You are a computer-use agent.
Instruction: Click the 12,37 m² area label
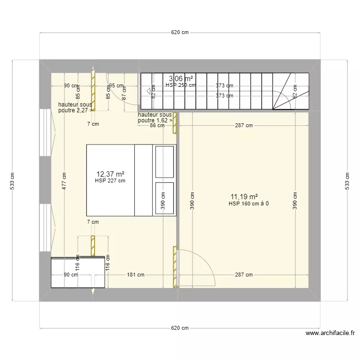pyautogui.click(x=110, y=174)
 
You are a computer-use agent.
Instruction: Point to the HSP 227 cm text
pyautogui.click(x=110, y=181)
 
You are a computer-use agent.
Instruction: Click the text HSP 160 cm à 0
pyautogui.click(x=249, y=204)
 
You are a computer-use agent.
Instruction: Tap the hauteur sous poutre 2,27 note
pyautogui.click(x=75, y=108)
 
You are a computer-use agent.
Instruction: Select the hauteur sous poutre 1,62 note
pyautogui.click(x=155, y=118)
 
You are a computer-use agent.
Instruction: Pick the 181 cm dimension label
pyautogui.click(x=136, y=275)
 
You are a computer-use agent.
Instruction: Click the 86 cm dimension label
pyautogui.click(x=157, y=126)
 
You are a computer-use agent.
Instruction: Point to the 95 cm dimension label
pyautogui.click(x=116, y=86)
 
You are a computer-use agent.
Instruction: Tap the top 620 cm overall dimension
pyautogui.click(x=179, y=33)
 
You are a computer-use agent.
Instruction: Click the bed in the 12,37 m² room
pyautogui.click(x=120, y=180)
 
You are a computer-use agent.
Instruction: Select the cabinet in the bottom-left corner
pyautogui.click(x=78, y=272)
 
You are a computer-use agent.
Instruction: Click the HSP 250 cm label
pyautogui.click(x=180, y=85)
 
